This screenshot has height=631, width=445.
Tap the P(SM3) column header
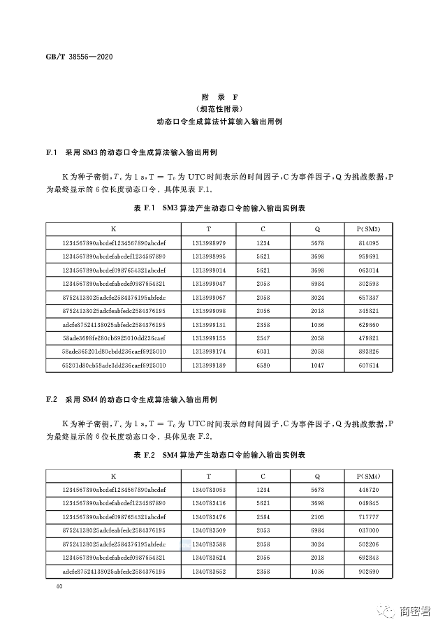[x=368, y=229]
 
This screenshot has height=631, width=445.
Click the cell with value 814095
[x=368, y=243]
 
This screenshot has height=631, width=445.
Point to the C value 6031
[x=263, y=351]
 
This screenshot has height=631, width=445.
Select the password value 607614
[x=368, y=365]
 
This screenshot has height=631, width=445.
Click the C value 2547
[x=263, y=338]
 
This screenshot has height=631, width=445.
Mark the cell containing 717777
[x=368, y=517]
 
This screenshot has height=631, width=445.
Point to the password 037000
[x=368, y=531]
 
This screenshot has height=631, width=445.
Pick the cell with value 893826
[x=368, y=351]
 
